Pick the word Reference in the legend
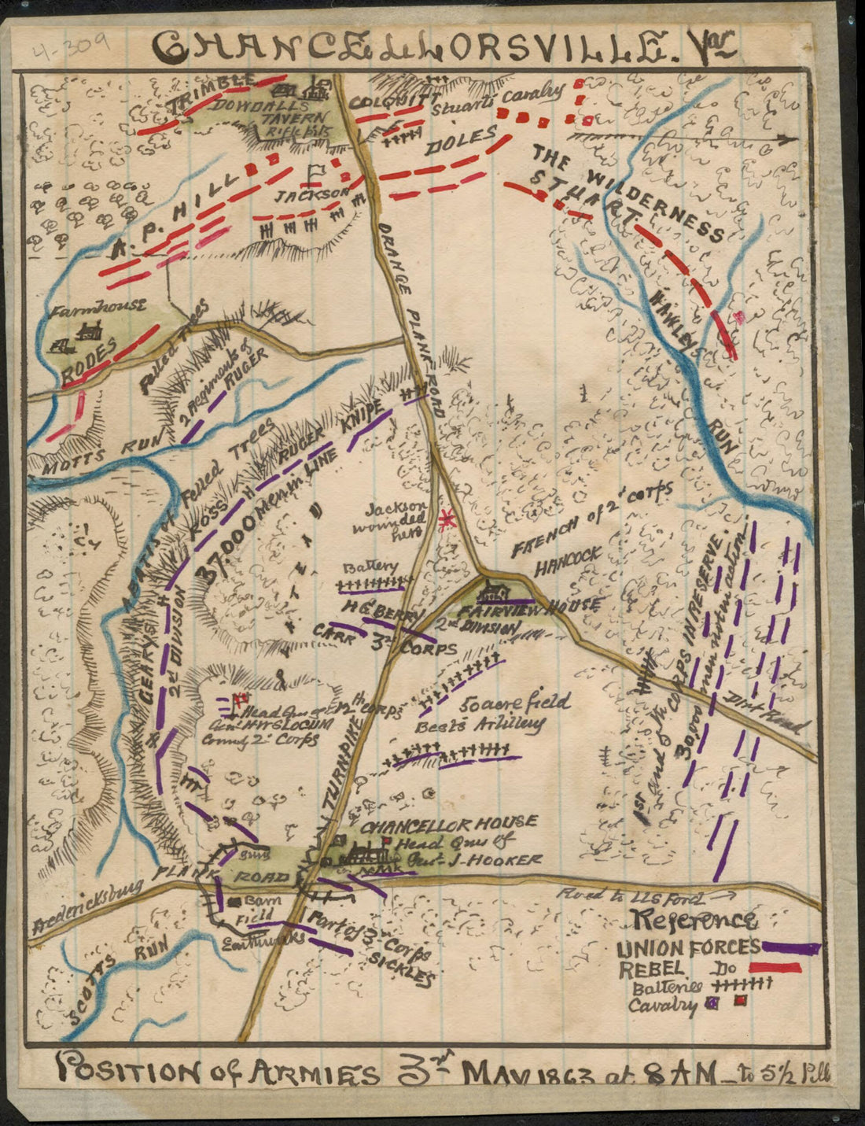(696, 920)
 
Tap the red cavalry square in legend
(740, 1001)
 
